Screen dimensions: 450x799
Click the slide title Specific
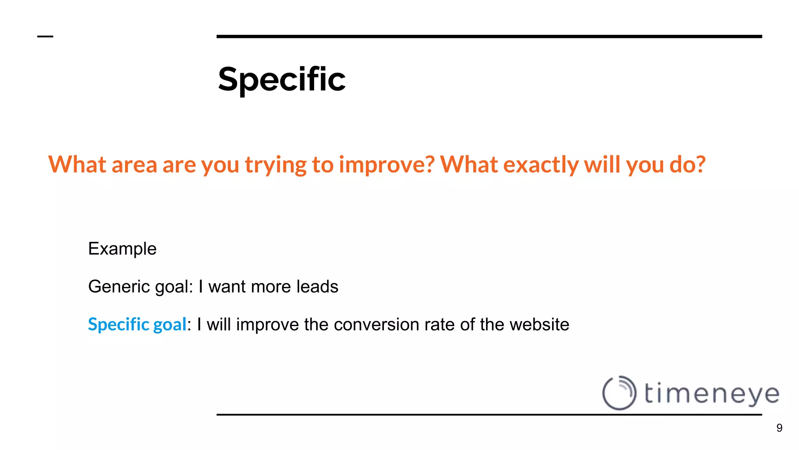pos(282,79)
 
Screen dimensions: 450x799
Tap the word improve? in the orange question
pos(386,164)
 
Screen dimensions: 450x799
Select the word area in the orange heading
pos(134,164)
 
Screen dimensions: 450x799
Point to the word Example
pos(122,249)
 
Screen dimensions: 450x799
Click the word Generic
pos(119,287)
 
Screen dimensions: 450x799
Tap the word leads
pos(317,287)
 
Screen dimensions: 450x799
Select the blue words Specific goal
pos(137,325)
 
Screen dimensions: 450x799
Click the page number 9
pos(779,428)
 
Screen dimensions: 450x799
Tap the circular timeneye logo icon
pos(619,393)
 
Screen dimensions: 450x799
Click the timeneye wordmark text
pos(711,393)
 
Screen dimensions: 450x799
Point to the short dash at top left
pos(45,37)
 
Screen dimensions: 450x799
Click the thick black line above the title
pos(489,36)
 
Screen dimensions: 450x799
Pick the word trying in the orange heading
pos(275,164)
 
